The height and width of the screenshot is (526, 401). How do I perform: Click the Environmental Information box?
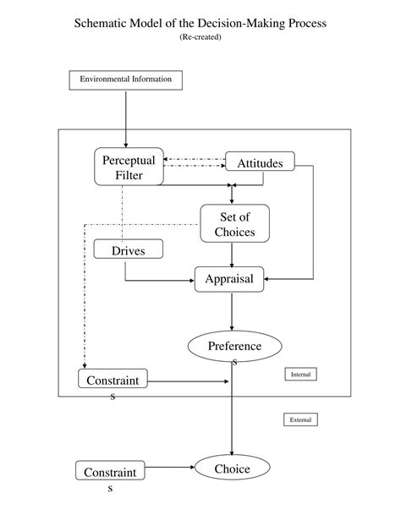pos(125,79)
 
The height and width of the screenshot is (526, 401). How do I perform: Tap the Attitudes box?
pos(260,162)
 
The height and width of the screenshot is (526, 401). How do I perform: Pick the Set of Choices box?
pos(234,224)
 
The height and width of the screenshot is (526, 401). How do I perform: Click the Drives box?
pos(129,250)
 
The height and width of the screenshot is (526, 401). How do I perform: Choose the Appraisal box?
pos(229,279)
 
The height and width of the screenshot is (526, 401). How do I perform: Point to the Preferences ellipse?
pos(234,346)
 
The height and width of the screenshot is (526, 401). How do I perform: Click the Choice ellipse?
pos(232,468)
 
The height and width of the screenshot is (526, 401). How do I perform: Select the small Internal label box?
pos(300,374)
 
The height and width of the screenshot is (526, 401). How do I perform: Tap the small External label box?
pos(300,419)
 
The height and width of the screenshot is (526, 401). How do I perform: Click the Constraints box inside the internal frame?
pos(112,381)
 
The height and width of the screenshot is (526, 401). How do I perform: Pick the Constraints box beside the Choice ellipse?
pos(110,472)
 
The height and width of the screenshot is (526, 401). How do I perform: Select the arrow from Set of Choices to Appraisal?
pos(232,254)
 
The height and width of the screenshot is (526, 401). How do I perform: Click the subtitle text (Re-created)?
pos(200,38)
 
